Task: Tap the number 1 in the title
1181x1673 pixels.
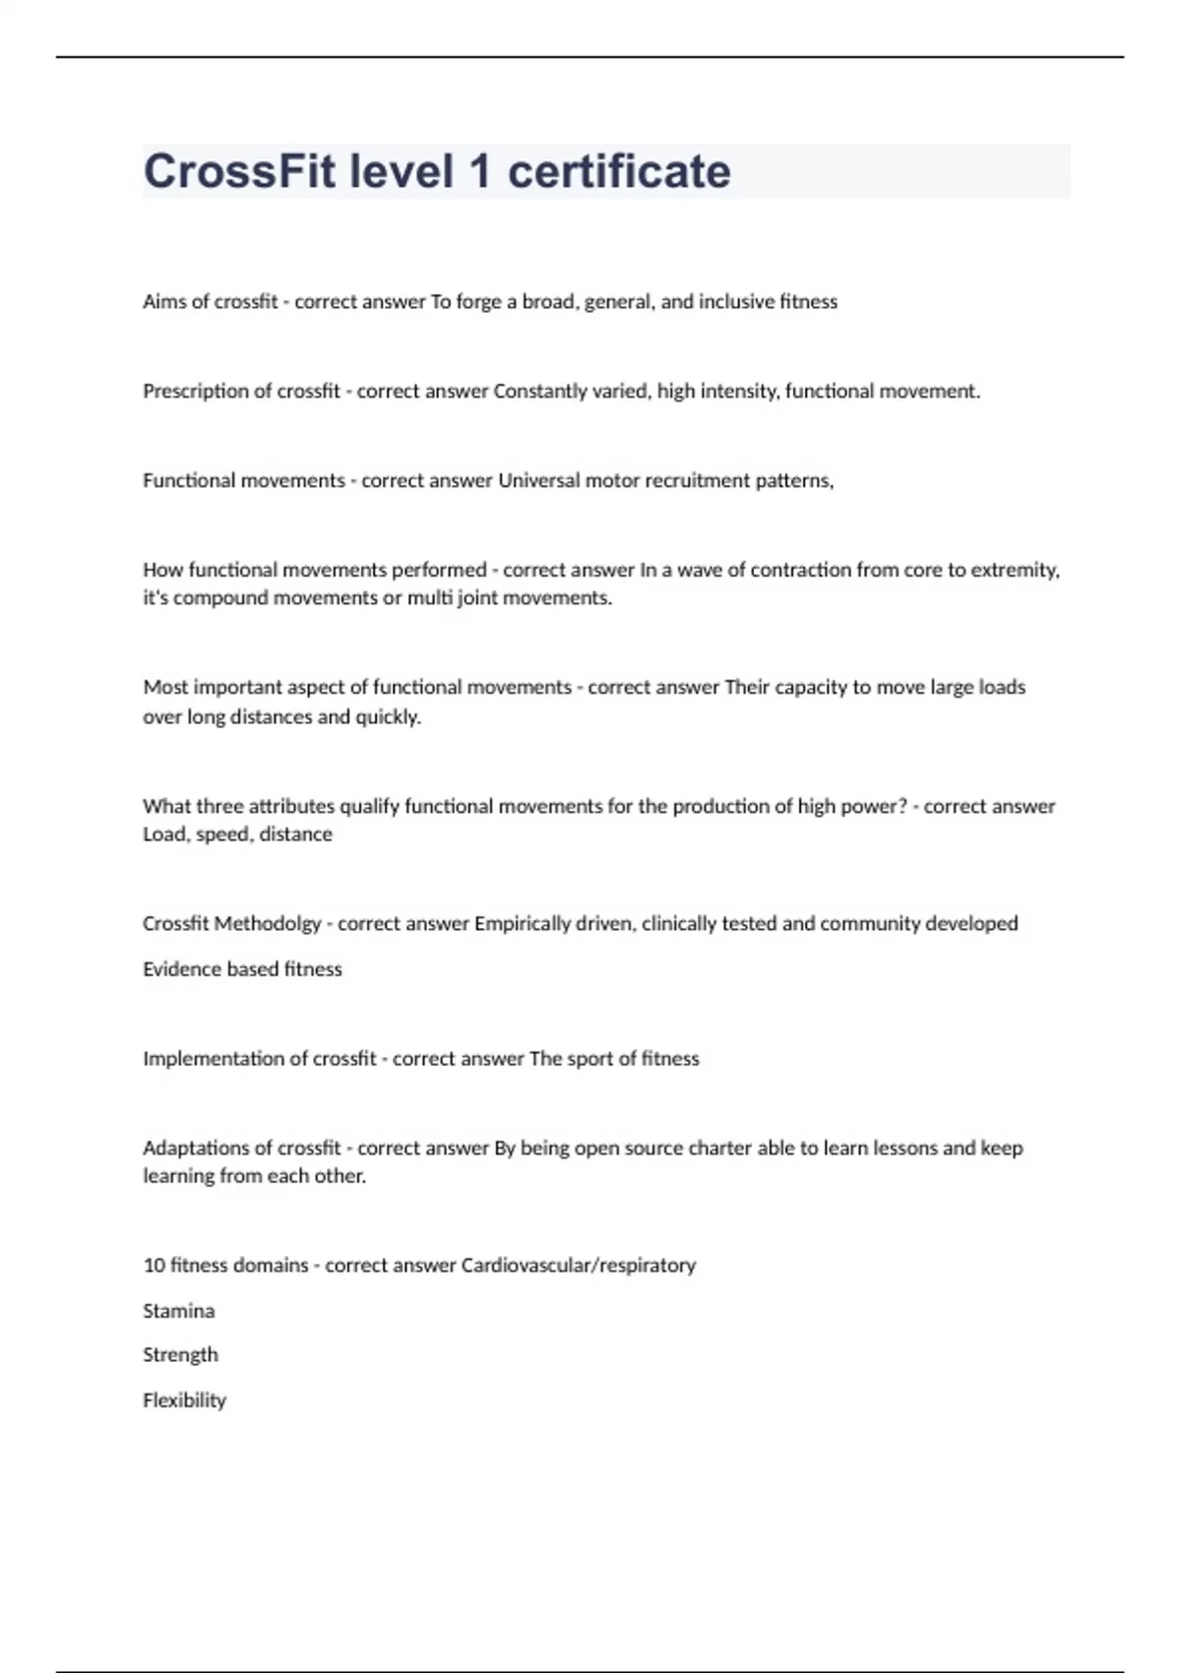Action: tap(480, 171)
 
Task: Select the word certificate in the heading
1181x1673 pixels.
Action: tap(619, 171)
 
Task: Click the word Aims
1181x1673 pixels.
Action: tap(163, 302)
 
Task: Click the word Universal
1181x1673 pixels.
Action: tap(538, 481)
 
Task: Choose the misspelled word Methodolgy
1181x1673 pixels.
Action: tap(268, 924)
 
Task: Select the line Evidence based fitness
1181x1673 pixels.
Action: tap(242, 969)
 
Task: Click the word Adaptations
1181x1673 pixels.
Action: tap(193, 1148)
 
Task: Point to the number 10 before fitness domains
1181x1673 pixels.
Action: tap(154, 1266)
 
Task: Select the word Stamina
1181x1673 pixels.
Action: tap(178, 1311)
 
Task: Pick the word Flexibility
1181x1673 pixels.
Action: tap(184, 1400)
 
